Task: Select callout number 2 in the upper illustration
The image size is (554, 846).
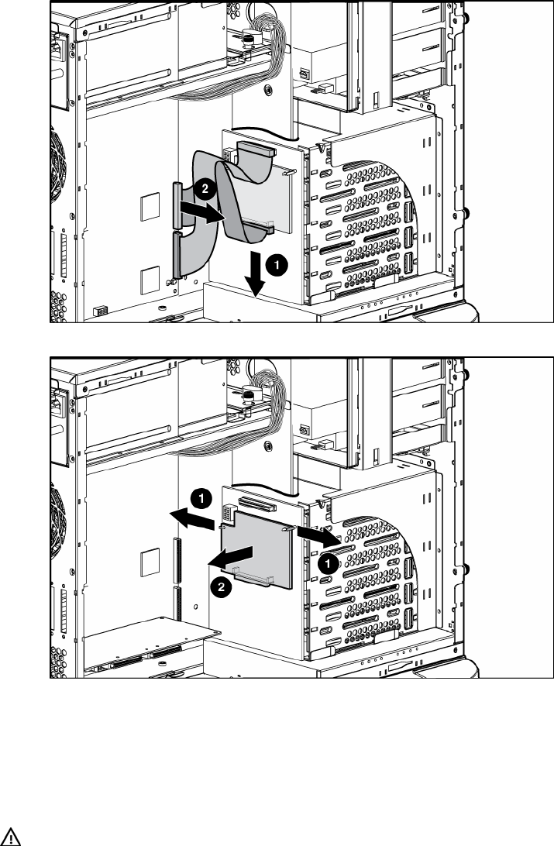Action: (x=203, y=187)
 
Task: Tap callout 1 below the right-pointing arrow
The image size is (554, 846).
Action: (x=329, y=564)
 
